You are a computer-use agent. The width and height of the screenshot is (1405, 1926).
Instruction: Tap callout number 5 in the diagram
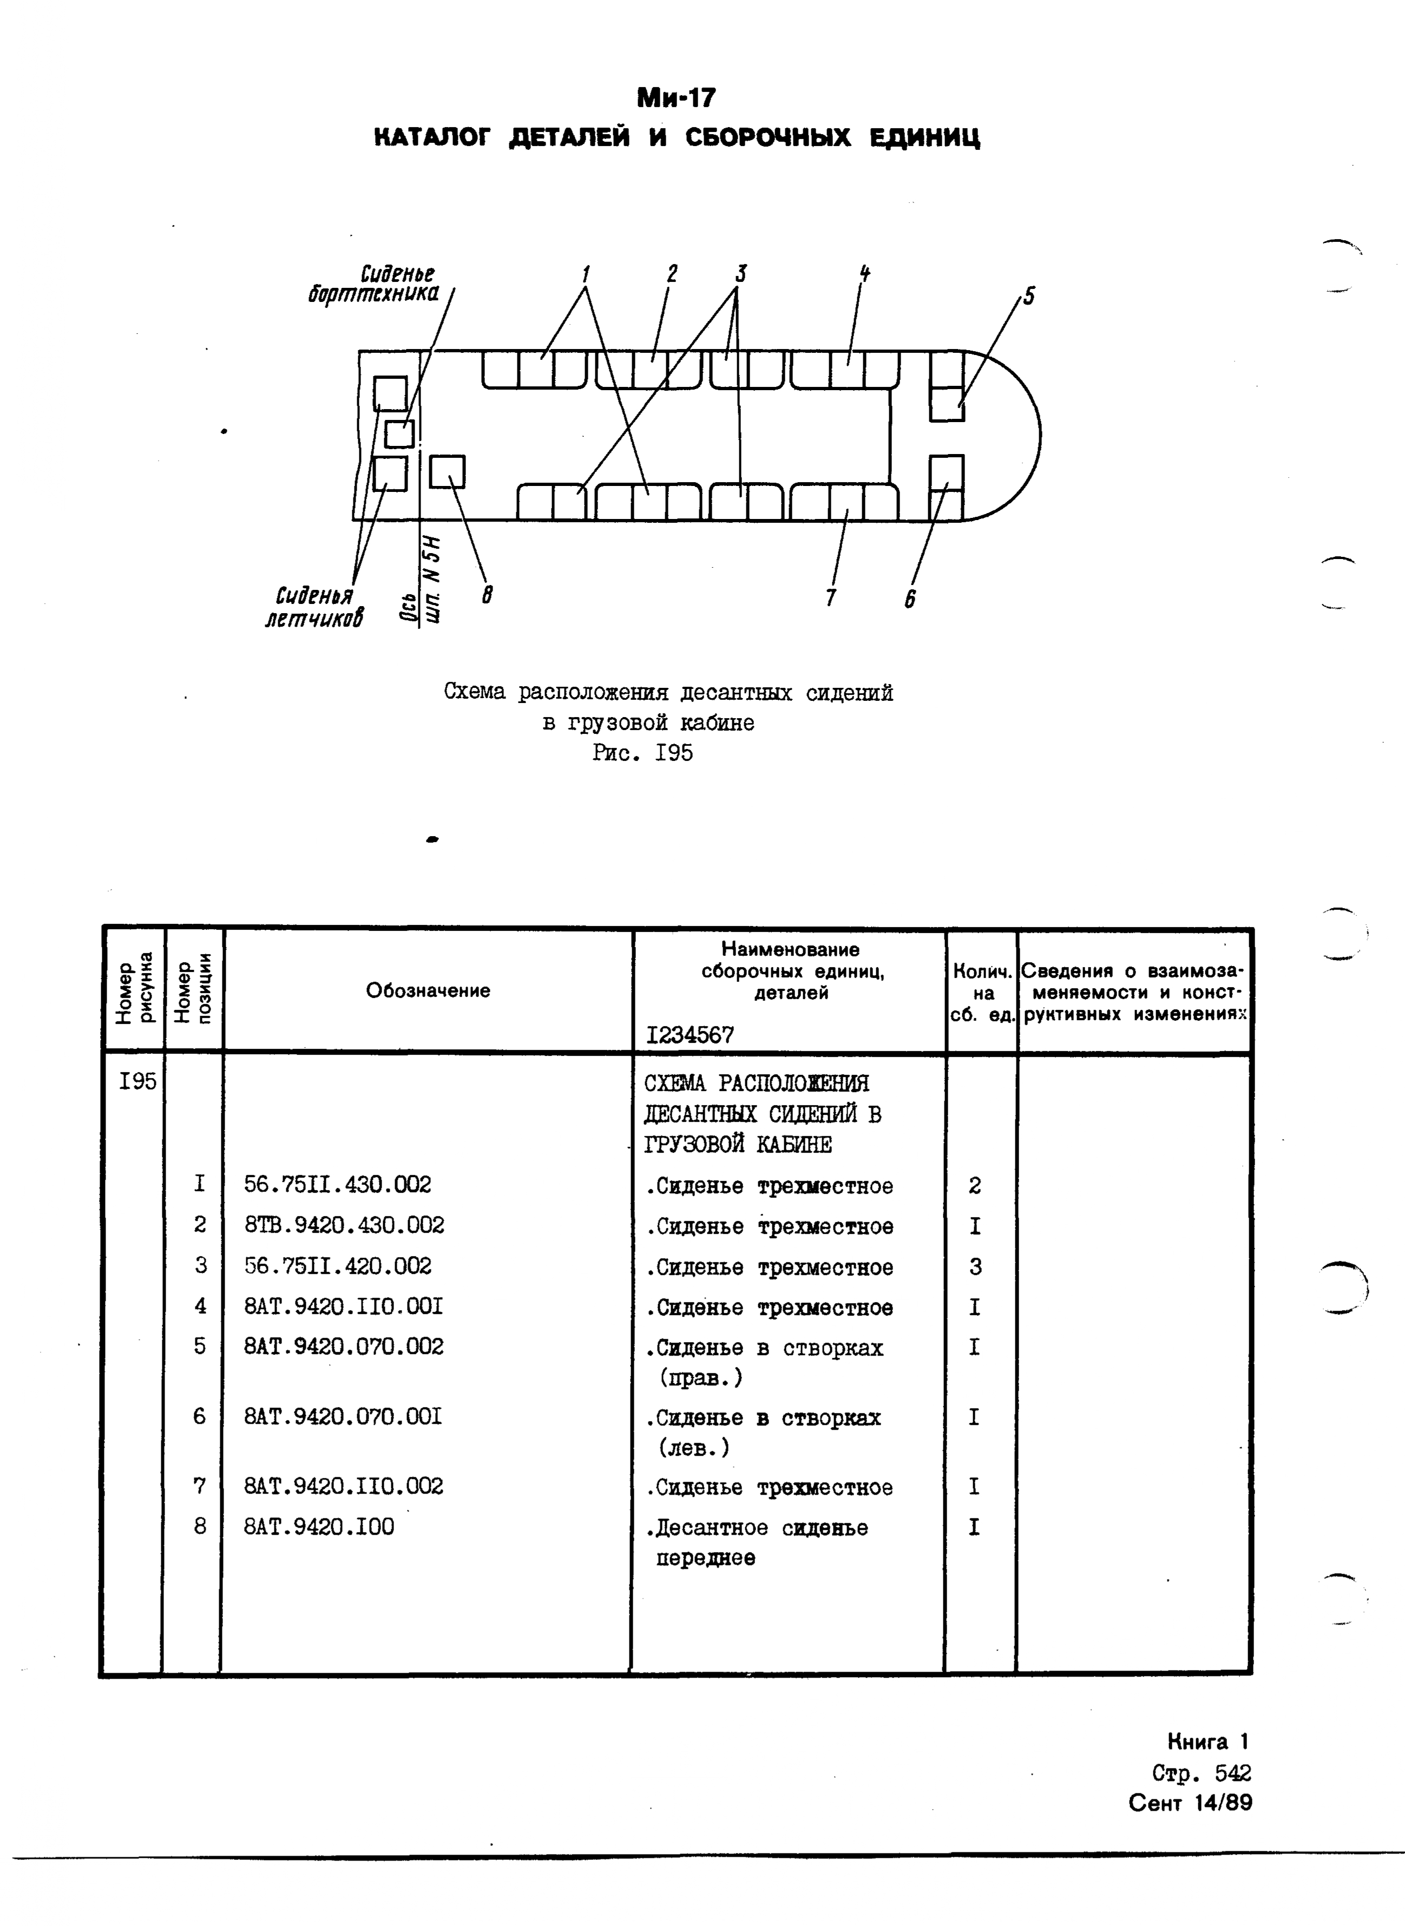pos(1029,296)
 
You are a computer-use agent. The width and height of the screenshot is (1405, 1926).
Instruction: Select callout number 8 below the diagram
pos(487,594)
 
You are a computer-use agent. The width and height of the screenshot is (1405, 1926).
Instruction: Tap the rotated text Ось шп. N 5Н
pos(422,582)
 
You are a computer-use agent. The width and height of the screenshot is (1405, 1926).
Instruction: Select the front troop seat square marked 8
pos(448,472)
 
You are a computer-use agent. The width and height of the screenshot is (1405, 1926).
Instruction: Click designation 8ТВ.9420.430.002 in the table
pos(344,1225)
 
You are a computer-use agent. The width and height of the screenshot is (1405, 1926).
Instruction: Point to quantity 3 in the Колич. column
pos(975,1266)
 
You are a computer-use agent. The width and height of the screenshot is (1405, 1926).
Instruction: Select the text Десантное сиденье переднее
pos(757,1542)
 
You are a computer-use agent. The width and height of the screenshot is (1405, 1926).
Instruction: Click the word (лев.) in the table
pos(693,1447)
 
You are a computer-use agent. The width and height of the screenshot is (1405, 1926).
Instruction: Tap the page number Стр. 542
pos(1201,1773)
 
